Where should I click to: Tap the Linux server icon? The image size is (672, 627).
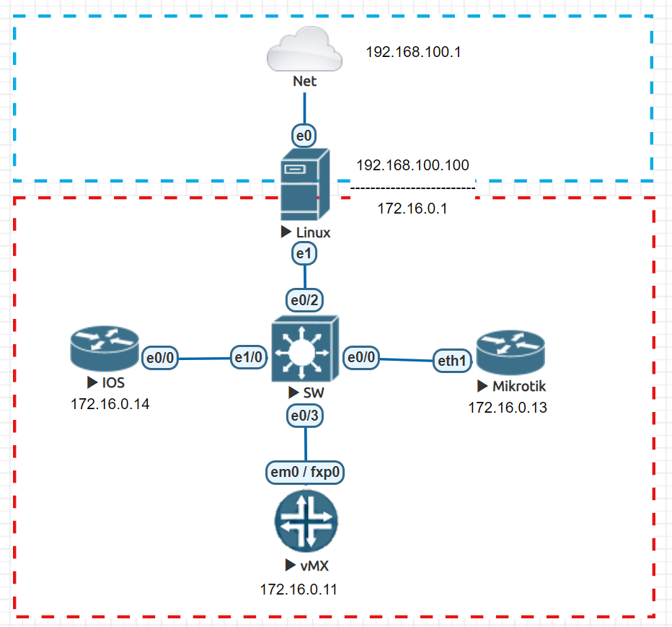[304, 185]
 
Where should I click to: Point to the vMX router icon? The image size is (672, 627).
[306, 522]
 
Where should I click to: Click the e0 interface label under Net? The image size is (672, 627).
[304, 134]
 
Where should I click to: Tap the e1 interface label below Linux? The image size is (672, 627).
[304, 253]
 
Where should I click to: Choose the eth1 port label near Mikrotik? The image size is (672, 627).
[451, 360]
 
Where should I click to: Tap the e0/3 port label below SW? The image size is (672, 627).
[304, 415]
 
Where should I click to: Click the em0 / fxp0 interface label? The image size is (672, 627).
[305, 473]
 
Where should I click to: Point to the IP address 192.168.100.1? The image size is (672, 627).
[413, 53]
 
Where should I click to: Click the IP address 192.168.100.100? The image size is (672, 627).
[412, 165]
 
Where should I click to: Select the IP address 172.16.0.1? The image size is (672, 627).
[412, 209]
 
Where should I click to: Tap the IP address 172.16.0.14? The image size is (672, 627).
[110, 404]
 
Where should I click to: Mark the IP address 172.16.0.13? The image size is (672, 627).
[508, 408]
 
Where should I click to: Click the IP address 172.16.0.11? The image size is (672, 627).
[299, 589]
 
